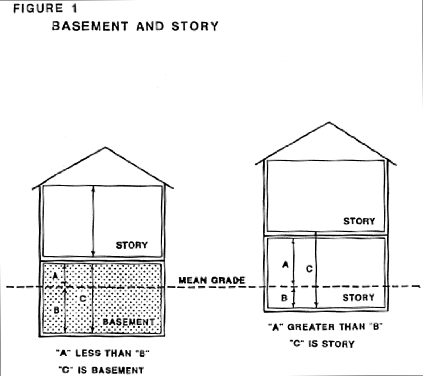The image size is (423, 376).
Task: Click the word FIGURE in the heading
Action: coord(38,9)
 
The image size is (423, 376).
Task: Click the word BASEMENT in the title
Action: coord(90,27)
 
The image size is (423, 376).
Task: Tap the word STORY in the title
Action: coord(195,27)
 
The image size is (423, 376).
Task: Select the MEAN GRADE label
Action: coord(212,280)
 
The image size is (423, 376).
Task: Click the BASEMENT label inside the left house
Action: coord(129,322)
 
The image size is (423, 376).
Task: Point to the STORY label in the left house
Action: coord(132,245)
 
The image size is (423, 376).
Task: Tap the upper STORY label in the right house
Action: coord(359,221)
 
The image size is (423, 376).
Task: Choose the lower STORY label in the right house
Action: coord(358,297)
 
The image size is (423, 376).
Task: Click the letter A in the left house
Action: coord(55,276)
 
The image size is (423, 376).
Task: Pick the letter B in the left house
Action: coord(56,310)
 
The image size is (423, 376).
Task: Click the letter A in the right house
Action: coord(285,264)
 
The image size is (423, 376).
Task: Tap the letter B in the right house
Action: coord(284,298)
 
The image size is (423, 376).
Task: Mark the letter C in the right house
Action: coord(309,269)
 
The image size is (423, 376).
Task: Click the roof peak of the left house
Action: coord(105,147)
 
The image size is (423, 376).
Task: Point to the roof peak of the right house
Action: coord(329,122)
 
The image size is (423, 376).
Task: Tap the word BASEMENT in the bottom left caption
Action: coord(118,370)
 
